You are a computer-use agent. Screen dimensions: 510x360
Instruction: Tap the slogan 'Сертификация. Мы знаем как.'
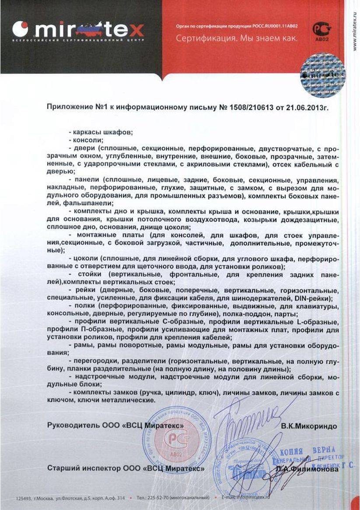pyautogui.click(x=237, y=39)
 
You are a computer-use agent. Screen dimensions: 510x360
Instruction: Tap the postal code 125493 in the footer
pyautogui.click(x=24, y=498)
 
